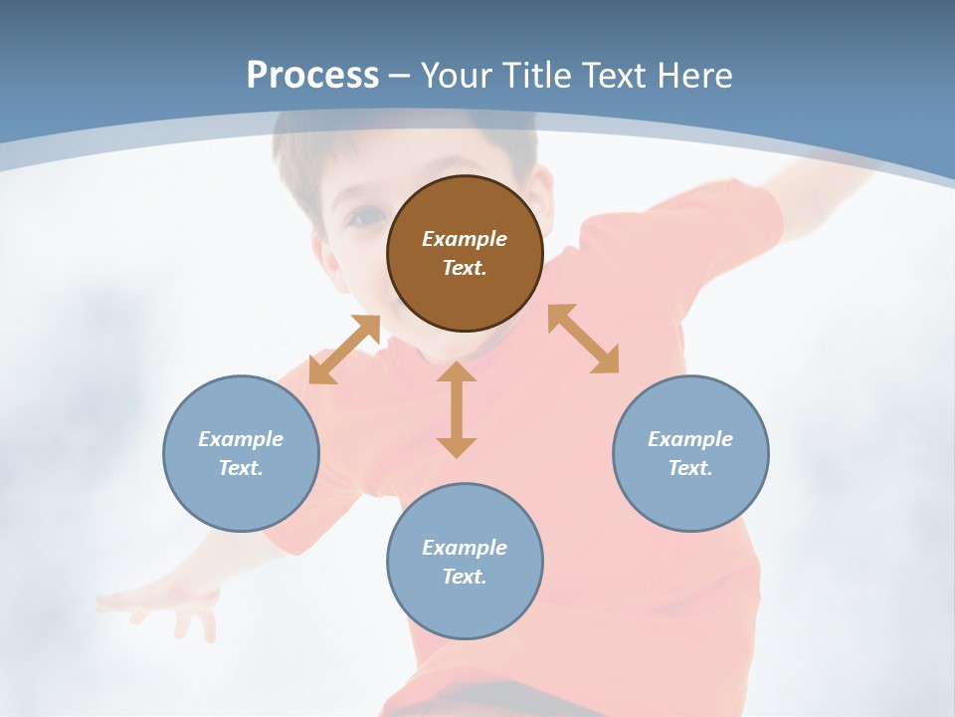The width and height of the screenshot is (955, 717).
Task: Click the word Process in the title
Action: pos(312,76)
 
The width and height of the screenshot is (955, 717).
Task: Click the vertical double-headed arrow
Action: pos(457,409)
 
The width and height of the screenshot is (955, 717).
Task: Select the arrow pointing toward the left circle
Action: pos(344,350)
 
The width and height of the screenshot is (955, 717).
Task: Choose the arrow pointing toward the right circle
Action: pos(583,339)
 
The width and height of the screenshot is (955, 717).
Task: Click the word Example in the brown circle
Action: pos(465,239)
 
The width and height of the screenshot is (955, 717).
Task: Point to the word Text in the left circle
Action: pos(241,468)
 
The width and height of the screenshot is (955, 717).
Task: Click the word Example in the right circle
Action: pos(690,439)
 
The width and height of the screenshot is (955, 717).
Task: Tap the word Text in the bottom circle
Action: pos(465,577)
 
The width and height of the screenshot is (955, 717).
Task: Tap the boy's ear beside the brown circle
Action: pos(543,194)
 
